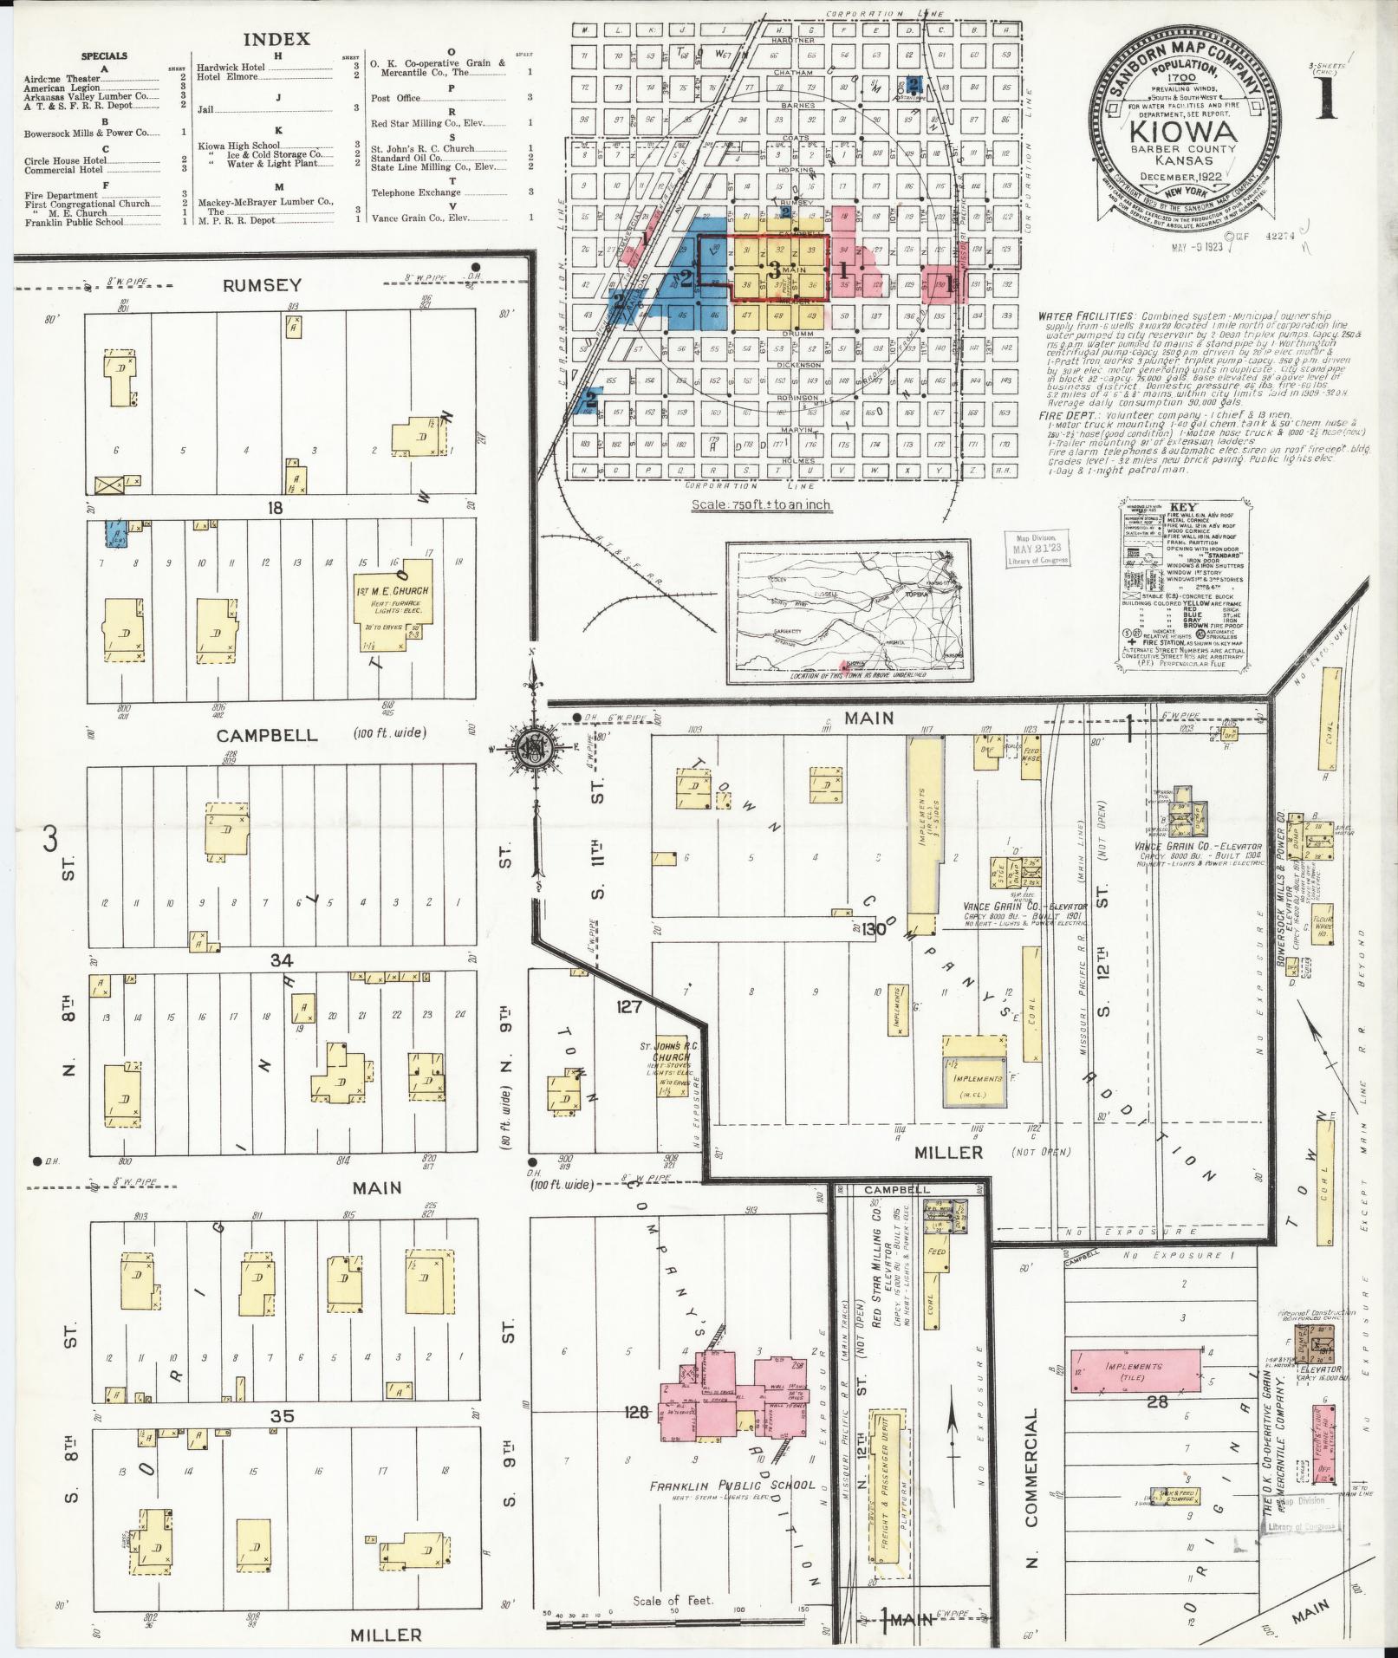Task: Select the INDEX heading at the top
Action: tap(276, 40)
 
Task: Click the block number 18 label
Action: tap(275, 508)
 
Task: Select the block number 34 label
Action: tap(282, 959)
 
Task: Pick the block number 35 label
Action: tap(283, 1416)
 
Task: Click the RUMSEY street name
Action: tap(262, 285)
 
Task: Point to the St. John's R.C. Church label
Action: tap(670, 1055)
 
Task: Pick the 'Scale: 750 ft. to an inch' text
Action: tap(760, 504)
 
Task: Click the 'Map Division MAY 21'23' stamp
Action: tap(1037, 549)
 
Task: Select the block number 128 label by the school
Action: tap(636, 1413)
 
